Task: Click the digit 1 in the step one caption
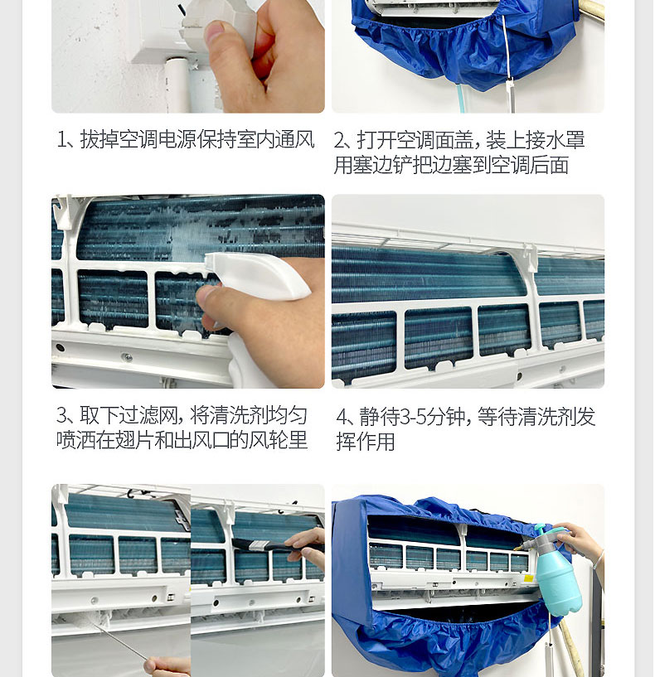coord(61,140)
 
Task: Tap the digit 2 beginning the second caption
coord(340,140)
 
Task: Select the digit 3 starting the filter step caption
coord(61,415)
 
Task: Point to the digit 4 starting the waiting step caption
coord(342,417)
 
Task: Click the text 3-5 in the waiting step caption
coord(414,417)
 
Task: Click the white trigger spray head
coord(258,275)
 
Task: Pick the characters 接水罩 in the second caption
coord(556,140)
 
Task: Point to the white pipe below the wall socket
coord(177,85)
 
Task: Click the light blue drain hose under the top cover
coord(462,99)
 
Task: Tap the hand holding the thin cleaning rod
coord(168,665)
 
